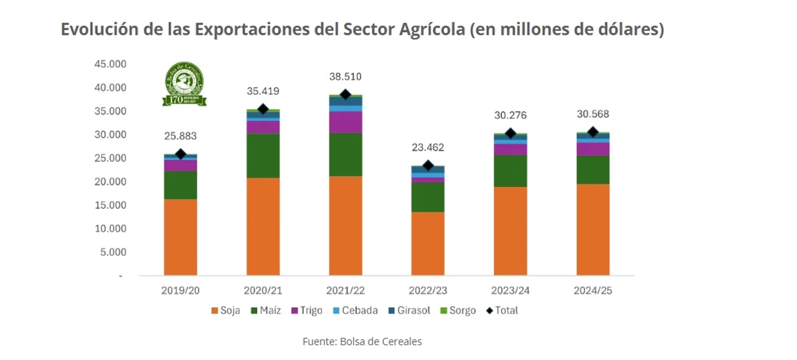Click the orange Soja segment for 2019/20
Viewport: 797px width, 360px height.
pyautogui.click(x=181, y=237)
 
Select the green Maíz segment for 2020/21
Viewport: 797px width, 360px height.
pyautogui.click(x=263, y=156)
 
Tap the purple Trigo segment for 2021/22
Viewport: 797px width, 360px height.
pyautogui.click(x=346, y=122)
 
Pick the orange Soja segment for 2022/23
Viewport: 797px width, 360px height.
pyautogui.click(x=428, y=244)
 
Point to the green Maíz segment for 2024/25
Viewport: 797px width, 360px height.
pyautogui.click(x=593, y=169)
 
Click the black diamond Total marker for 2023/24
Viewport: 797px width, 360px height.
pyautogui.click(x=511, y=133)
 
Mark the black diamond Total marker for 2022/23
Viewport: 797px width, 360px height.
pyautogui.click(x=428, y=166)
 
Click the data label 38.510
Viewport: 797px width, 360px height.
pyautogui.click(x=346, y=77)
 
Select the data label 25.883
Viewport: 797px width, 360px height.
pyautogui.click(x=181, y=136)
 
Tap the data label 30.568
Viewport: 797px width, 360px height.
pyautogui.click(x=593, y=115)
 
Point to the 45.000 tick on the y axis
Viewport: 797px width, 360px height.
pyautogui.click(x=110, y=64)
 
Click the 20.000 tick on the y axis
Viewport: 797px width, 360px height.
pyautogui.click(x=110, y=182)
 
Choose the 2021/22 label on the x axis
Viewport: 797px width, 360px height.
pyautogui.click(x=346, y=290)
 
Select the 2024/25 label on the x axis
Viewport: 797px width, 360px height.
pyautogui.click(x=593, y=290)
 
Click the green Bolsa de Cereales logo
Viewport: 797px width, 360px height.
pyautogui.click(x=184, y=83)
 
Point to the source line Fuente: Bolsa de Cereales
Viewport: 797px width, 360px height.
pyautogui.click(x=362, y=341)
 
